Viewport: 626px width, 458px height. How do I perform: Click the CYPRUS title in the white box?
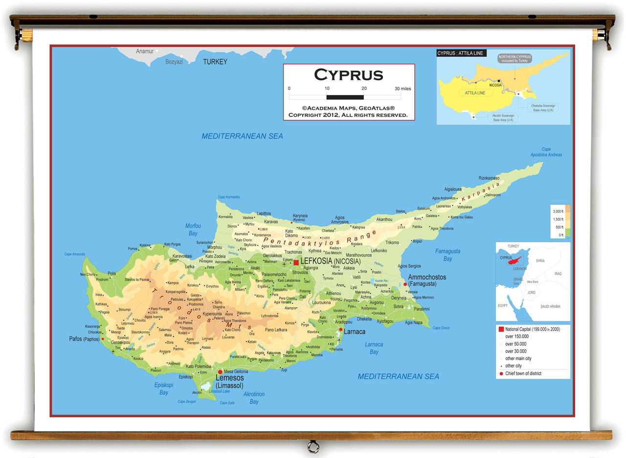348,75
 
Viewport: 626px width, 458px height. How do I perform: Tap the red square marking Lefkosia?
296,263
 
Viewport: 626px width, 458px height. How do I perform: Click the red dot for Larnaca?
341,329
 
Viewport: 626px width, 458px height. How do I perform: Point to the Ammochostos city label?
427,277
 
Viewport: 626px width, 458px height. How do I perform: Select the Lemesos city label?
229,378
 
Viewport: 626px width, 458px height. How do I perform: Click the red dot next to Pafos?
103,339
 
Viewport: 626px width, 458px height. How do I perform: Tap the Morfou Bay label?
193,229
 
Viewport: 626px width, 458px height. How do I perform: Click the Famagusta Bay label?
447,255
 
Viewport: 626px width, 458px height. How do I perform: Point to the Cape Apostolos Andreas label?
546,152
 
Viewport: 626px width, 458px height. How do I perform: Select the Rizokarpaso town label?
489,178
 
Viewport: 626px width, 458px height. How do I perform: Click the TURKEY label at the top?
215,62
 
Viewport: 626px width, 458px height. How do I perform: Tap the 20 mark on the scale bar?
363,89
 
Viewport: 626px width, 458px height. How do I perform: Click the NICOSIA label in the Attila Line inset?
495,85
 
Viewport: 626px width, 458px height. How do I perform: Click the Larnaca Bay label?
374,348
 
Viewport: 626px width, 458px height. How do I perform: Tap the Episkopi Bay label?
164,389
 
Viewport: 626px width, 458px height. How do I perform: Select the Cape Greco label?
441,328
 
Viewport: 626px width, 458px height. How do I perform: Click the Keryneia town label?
300,215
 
